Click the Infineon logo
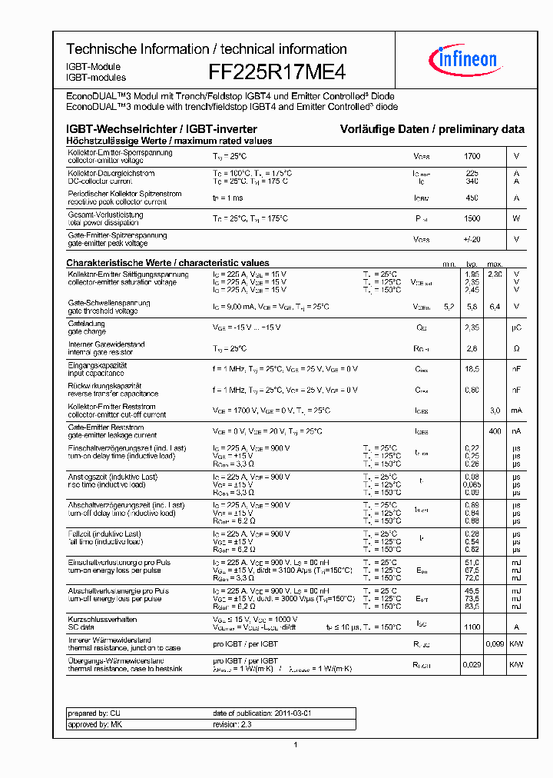tap(468, 58)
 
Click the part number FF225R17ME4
tap(277, 72)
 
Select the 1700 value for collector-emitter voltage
tap(472, 156)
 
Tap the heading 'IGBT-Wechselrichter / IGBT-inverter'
tap(161, 129)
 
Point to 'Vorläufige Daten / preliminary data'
tap(432, 129)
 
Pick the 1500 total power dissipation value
tap(472, 218)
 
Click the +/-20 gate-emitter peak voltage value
tap(472, 239)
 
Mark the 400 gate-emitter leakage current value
tap(495, 431)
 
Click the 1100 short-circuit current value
tap(472, 627)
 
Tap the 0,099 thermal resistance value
tap(495, 643)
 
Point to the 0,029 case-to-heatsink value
tap(472, 664)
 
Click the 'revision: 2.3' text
tap(233, 724)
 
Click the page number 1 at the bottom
tap(296, 744)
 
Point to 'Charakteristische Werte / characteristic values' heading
tap(167, 263)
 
